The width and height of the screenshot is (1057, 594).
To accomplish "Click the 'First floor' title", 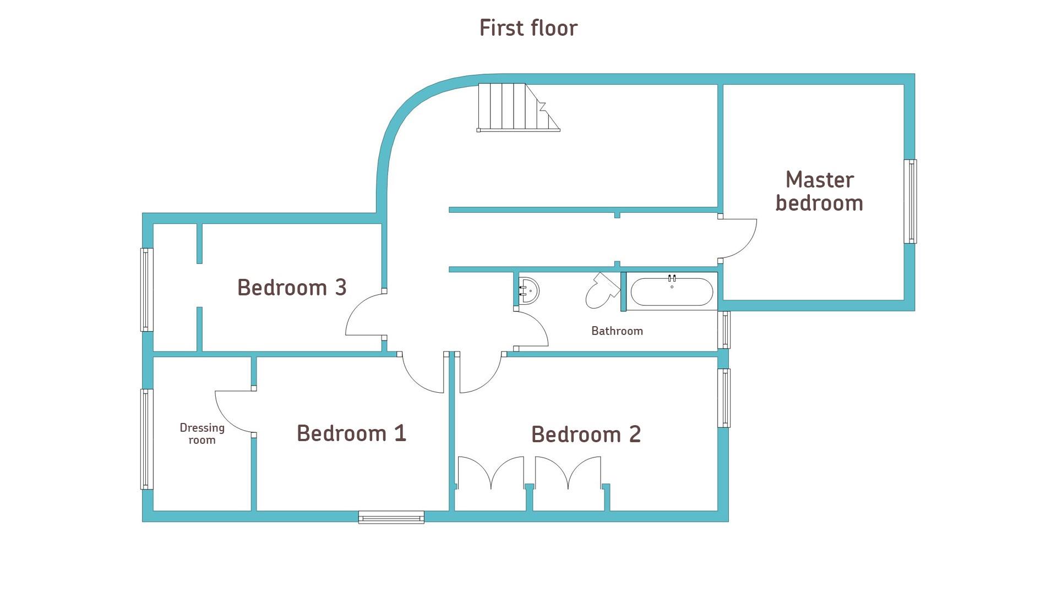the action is pos(528,28).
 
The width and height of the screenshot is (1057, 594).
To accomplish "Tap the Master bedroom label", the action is pos(819,191).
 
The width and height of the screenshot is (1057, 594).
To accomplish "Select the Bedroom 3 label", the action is pos(292,288).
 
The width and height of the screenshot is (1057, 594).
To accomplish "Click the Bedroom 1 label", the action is pos(351,433).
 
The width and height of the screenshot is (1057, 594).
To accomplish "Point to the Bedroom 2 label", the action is pos(586,435).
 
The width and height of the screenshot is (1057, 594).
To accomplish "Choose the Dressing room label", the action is pos(202,434).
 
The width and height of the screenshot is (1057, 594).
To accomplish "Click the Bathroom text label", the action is pos(617,331).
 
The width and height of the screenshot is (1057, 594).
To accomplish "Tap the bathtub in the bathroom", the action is pos(672,291).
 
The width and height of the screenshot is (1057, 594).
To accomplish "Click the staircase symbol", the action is pos(518,108).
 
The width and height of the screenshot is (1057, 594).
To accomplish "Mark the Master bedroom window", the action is pos(911,201).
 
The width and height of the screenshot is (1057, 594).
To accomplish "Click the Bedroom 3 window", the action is pos(146,290).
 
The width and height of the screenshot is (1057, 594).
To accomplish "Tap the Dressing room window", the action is pos(146,439).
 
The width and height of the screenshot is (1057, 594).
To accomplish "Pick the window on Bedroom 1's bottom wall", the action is pos(391,517).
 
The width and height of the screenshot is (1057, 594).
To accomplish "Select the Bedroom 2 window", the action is pos(724,398).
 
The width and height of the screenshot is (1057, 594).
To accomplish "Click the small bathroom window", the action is pos(724,330).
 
